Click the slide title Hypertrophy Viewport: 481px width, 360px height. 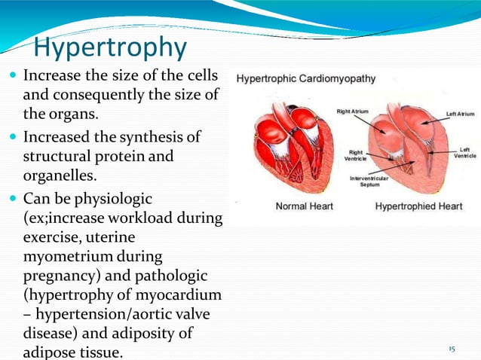coord(110,47)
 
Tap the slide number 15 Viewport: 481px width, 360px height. coord(452,349)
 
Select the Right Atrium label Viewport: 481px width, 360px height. coord(352,111)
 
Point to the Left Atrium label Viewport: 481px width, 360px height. coord(460,114)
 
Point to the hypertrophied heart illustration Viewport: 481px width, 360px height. coord(412,147)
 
